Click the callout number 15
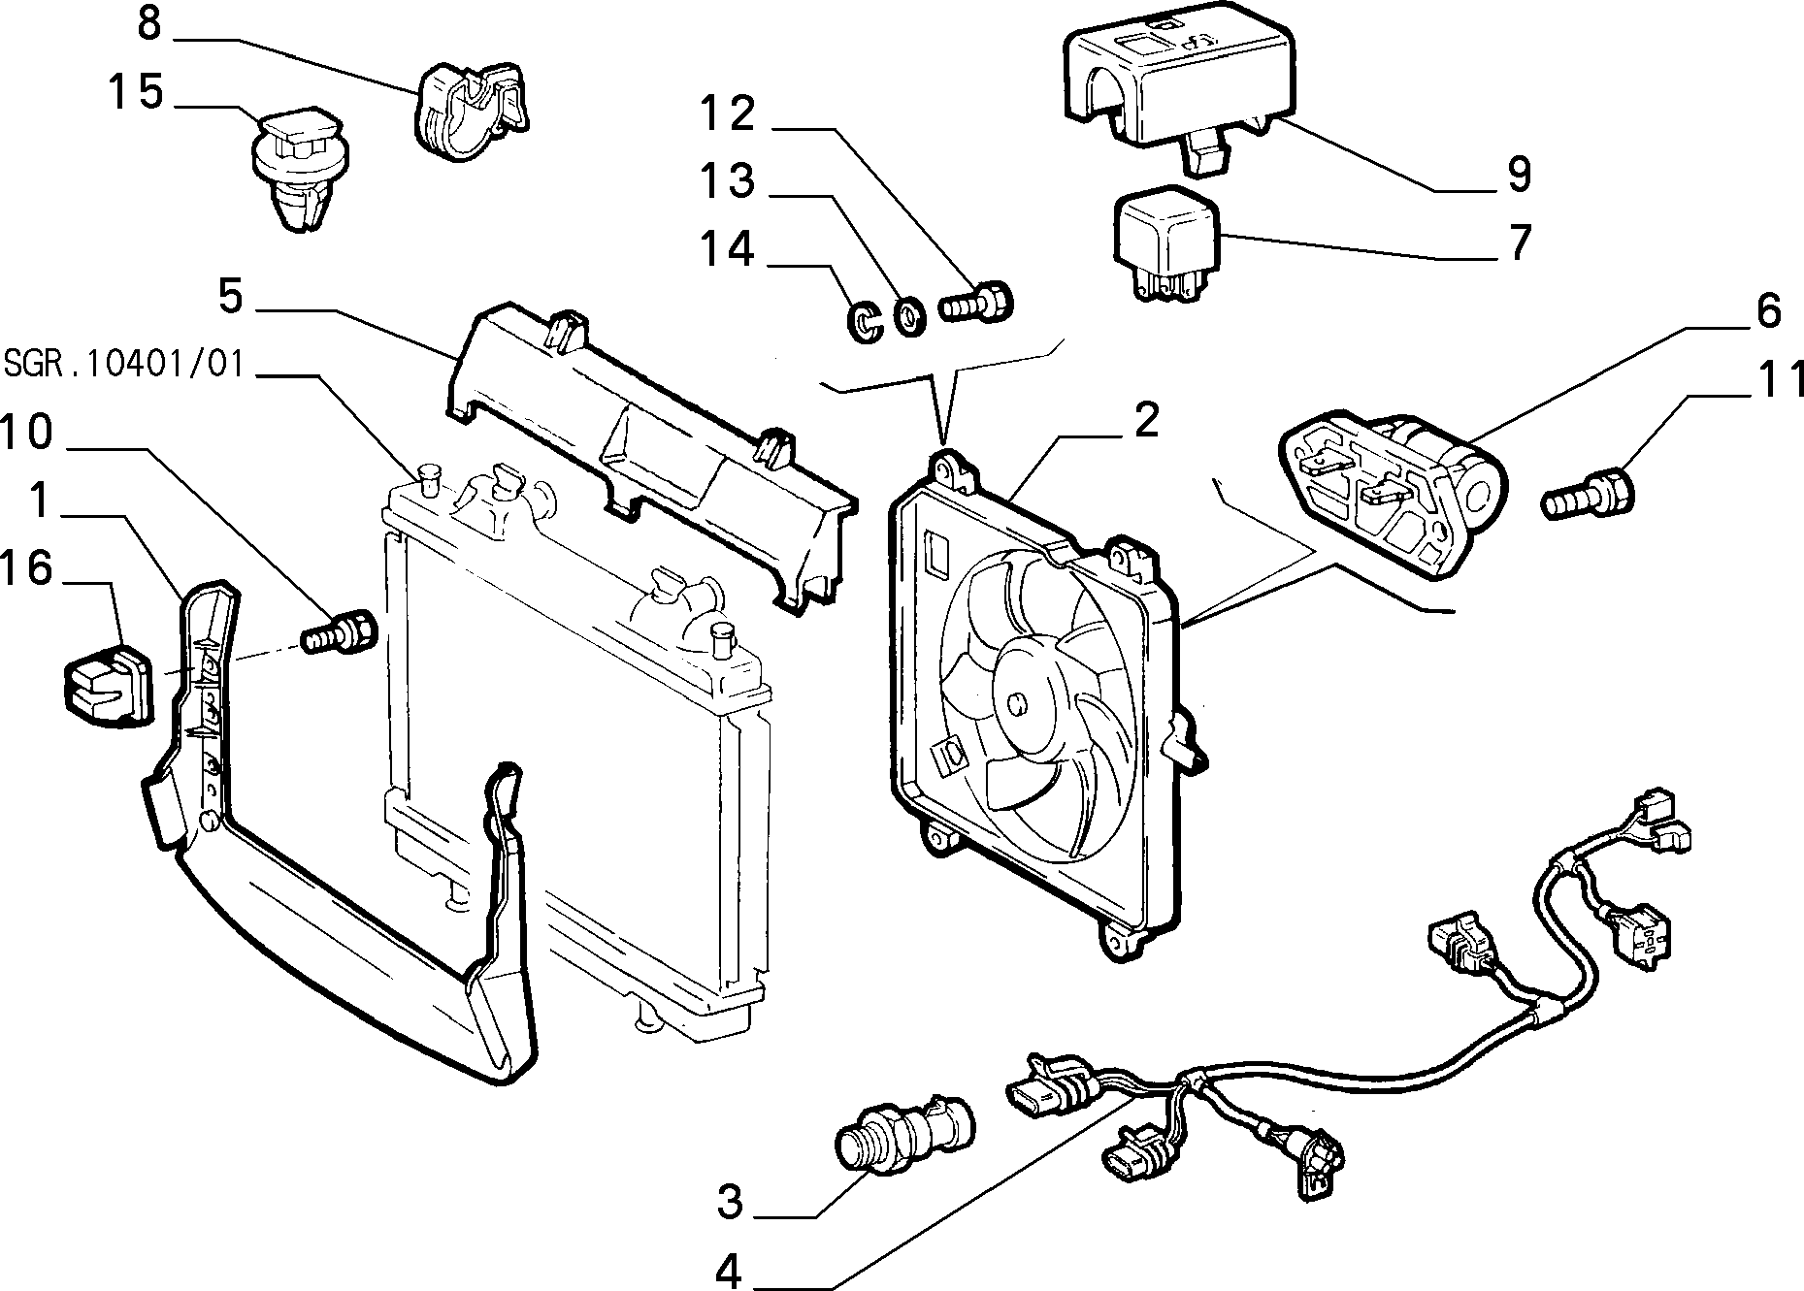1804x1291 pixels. (136, 93)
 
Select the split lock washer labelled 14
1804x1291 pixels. (862, 322)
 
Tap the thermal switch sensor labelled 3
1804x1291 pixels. (904, 1137)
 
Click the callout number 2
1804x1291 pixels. (1146, 420)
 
